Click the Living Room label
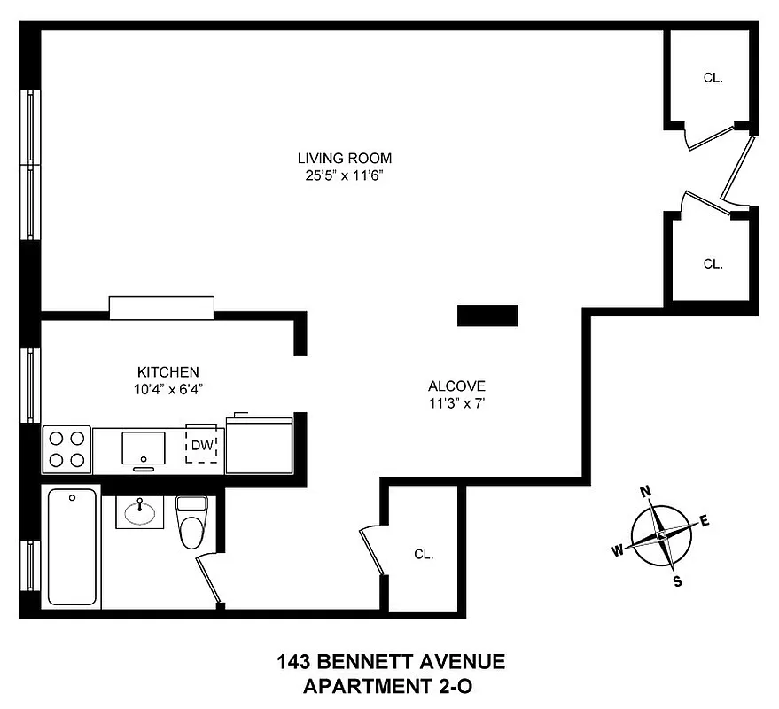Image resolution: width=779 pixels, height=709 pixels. click(x=344, y=159)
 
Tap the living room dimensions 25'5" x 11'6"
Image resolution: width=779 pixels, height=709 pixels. click(x=344, y=175)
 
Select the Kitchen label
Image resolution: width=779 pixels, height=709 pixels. click(x=167, y=371)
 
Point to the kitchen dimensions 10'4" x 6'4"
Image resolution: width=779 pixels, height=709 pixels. click(x=167, y=388)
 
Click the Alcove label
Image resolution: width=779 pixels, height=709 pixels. click(x=456, y=386)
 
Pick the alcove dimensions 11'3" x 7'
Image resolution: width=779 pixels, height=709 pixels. click(x=456, y=403)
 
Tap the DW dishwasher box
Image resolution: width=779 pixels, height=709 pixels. click(x=201, y=446)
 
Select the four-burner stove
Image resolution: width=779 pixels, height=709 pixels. click(x=66, y=448)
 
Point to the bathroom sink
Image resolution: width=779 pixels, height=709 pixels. click(x=139, y=511)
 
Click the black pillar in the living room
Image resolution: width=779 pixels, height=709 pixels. click(x=487, y=315)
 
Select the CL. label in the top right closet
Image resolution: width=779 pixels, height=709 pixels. click(x=713, y=78)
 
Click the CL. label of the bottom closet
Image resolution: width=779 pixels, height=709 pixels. click(x=424, y=555)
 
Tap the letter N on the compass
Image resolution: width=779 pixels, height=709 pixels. click(x=646, y=492)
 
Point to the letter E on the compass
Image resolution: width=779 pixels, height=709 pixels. click(x=705, y=521)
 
